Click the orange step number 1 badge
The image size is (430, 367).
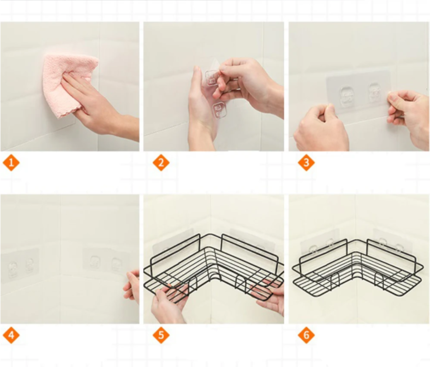point(11,163)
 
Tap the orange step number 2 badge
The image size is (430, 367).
point(161,163)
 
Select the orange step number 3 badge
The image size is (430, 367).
point(306,163)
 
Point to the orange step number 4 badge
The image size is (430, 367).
point(11,335)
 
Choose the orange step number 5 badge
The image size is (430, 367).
point(161,335)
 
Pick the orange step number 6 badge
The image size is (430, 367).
point(306,335)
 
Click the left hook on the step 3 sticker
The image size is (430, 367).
point(346,96)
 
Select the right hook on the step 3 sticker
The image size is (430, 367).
point(375,92)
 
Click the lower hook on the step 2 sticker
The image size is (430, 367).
point(220,110)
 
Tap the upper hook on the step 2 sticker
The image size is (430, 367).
point(212,78)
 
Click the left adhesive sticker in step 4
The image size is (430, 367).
point(20,265)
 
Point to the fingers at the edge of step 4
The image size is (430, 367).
point(132,286)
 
